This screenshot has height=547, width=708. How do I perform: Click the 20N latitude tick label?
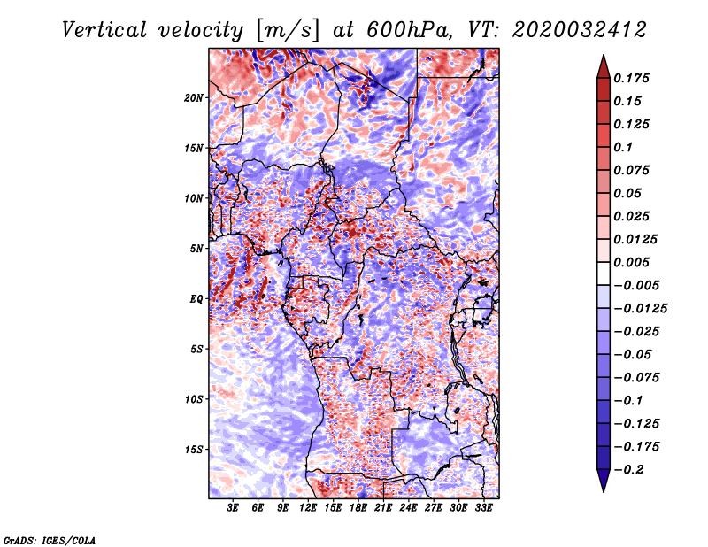194,97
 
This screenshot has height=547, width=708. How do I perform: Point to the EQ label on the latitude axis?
196,299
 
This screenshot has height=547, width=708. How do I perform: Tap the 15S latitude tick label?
194,450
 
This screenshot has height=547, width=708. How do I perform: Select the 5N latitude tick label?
196,249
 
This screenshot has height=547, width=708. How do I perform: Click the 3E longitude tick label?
234,508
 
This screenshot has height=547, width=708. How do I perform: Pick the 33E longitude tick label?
483,508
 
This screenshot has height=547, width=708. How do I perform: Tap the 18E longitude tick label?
358,508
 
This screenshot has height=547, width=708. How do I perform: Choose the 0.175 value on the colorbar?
634,78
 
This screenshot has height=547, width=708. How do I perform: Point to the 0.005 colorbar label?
634,262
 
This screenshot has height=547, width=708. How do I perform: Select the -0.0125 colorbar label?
641,308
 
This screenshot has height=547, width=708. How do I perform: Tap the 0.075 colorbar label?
634,170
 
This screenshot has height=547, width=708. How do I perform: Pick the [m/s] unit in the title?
281,30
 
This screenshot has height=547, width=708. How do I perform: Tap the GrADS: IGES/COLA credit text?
49,539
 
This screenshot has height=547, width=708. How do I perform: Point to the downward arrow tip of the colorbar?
603,489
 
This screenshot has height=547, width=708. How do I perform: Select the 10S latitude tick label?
194,399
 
